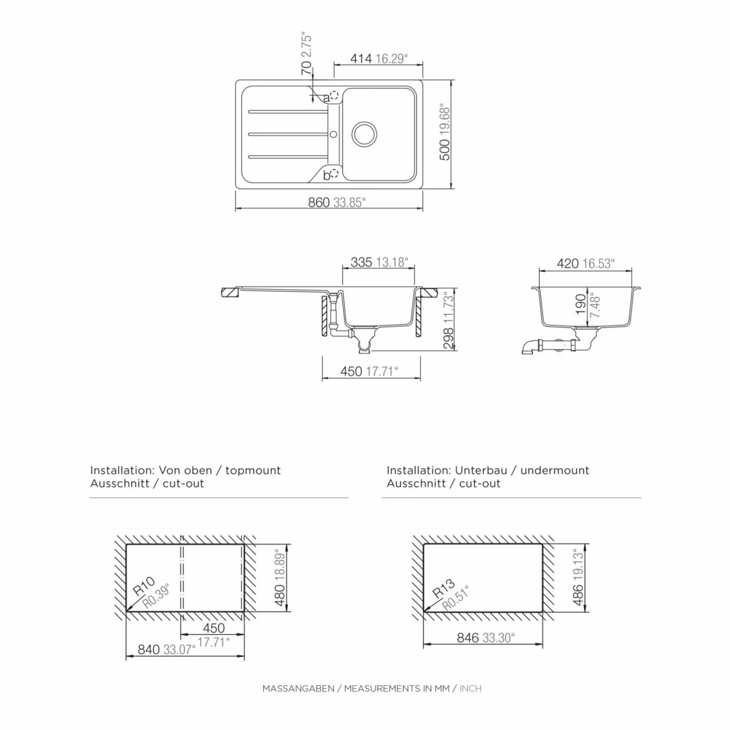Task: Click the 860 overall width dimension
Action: (x=319, y=202)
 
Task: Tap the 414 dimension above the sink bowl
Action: (x=361, y=58)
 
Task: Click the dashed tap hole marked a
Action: (x=334, y=95)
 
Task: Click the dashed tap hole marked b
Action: (x=334, y=173)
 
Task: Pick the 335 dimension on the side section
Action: (x=362, y=262)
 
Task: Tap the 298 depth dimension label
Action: (x=448, y=338)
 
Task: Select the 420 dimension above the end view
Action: (x=568, y=263)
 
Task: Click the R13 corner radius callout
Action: (x=444, y=588)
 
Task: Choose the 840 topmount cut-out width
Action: (x=149, y=650)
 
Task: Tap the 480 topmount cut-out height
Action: (x=280, y=595)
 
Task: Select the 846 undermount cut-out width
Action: (x=468, y=638)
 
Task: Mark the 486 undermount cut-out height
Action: (x=578, y=594)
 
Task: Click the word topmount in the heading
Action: (x=253, y=471)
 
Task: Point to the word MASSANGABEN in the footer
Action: (x=298, y=689)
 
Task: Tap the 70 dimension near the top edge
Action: (x=306, y=68)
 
